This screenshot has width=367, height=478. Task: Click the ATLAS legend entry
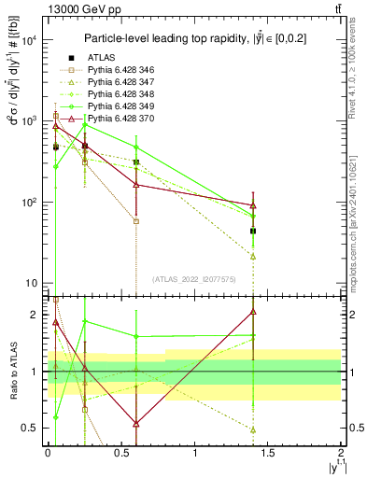click(x=101, y=57)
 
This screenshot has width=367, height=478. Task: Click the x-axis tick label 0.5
click(x=121, y=452)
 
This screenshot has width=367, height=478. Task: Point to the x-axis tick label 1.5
click(x=268, y=452)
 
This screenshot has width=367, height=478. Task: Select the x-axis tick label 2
click(x=341, y=452)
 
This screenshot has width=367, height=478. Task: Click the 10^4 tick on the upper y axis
click(x=30, y=40)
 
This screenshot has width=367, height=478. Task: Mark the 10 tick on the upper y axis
click(x=30, y=283)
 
